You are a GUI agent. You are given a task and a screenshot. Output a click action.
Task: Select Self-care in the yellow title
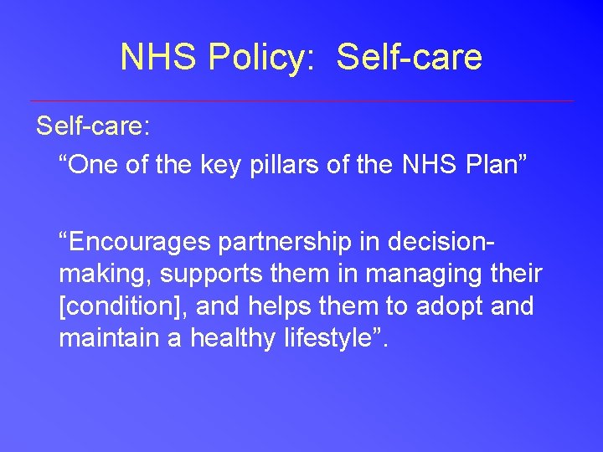pyautogui.click(x=410, y=57)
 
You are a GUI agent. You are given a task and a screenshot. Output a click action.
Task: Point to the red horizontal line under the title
pyautogui.click(x=301, y=101)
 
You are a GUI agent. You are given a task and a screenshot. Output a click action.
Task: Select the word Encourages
pyautogui.click(x=139, y=242)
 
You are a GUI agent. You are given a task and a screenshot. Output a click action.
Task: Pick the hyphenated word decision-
pyautogui.click(x=437, y=242)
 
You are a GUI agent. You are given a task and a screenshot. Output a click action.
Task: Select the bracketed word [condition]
pyautogui.click(x=124, y=306)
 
